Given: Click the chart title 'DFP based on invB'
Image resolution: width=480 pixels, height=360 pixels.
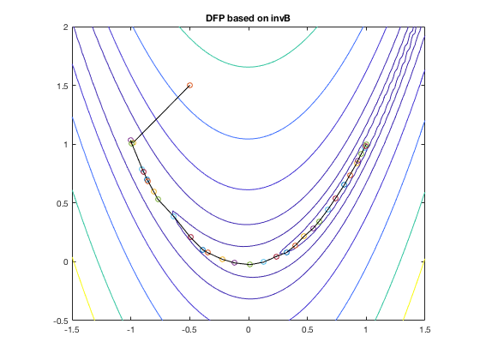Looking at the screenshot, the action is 248,18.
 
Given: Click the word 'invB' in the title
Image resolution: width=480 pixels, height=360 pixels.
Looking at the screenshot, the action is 280,18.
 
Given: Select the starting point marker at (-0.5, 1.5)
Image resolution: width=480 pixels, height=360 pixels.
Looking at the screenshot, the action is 189,85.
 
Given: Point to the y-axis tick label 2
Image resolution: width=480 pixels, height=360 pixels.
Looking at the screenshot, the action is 66,27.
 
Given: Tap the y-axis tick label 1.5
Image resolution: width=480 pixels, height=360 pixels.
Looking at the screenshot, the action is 63,86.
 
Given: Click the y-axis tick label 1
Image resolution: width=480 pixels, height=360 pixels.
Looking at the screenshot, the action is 66,145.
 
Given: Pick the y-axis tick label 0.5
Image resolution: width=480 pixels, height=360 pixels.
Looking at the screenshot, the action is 63,203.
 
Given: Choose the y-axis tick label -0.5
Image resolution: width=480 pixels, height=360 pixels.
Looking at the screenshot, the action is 61,321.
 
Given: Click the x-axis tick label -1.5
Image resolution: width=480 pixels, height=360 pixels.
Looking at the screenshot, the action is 72,330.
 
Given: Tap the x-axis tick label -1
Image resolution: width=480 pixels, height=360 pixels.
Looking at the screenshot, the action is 131,330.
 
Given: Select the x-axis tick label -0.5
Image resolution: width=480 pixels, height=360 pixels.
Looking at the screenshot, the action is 189,330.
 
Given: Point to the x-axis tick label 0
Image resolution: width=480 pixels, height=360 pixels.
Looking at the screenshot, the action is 249,330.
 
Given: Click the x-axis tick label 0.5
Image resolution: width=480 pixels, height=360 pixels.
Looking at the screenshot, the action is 308,330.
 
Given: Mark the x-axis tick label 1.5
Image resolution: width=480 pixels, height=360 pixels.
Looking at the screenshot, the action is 424,330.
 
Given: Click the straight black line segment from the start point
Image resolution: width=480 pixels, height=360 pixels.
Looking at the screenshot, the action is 160,114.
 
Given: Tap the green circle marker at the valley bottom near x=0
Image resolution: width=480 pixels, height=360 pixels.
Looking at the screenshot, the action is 249,264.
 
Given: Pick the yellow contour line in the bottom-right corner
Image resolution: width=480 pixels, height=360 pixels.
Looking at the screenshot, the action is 414,290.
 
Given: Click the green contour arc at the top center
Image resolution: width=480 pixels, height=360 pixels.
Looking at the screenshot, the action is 248,67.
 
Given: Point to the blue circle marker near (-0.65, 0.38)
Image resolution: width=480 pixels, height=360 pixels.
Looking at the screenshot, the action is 173,216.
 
